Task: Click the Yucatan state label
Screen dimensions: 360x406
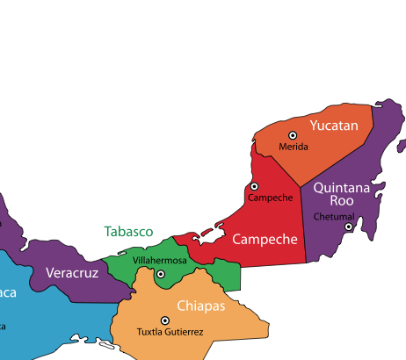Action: click(334, 126)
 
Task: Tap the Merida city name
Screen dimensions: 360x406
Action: click(294, 147)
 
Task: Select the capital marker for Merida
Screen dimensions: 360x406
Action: click(294, 134)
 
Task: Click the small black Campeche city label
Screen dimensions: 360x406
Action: click(270, 198)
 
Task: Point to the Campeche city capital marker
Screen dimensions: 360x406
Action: click(254, 186)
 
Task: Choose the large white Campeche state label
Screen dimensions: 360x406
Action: click(265, 239)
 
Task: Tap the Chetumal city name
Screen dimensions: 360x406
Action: click(333, 217)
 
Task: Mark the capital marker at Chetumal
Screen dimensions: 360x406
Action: click(348, 227)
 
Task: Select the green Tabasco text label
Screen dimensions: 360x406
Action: click(128, 232)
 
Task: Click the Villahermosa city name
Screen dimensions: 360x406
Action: click(159, 261)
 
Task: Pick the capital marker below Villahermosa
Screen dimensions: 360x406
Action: click(160, 274)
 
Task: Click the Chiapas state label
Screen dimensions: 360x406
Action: click(201, 306)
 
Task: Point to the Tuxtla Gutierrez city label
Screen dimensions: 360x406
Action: click(170, 332)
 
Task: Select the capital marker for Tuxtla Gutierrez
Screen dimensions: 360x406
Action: click(164, 320)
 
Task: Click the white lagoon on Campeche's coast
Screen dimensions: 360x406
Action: click(207, 238)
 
